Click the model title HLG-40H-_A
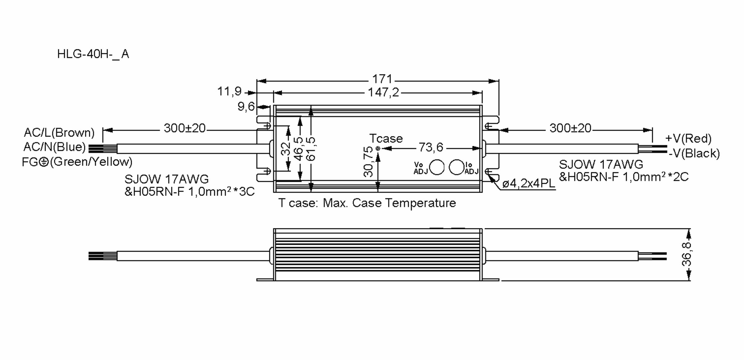point(93,54)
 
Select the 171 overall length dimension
point(382,79)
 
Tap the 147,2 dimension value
point(383,92)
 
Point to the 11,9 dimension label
point(229,91)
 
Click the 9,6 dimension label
point(246,107)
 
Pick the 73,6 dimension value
point(431,147)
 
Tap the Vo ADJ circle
point(437,168)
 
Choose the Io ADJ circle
point(456,168)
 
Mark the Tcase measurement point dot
point(378,149)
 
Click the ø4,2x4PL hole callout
point(529,183)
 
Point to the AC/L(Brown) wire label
point(59,133)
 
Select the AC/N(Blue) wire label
point(55,147)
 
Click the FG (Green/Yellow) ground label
point(77,162)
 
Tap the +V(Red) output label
point(688,138)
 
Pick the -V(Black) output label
point(694,153)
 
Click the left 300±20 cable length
point(184,128)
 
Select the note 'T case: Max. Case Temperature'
point(367,203)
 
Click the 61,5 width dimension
point(311,149)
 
